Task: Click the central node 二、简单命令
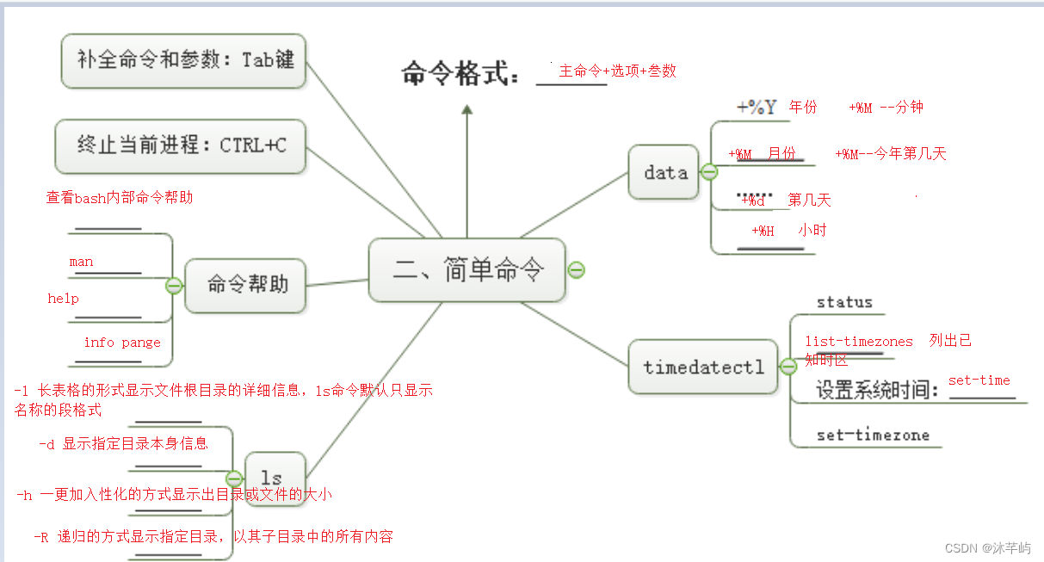pos(467,270)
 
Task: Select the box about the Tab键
pos(184,60)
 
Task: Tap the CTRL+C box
pos(181,145)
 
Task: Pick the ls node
pos(271,478)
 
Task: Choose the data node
pos(664,172)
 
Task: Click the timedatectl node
pos(702,367)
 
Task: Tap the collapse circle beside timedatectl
pos(788,367)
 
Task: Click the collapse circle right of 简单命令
pos(577,270)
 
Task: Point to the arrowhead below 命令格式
pos(466,110)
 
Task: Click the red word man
pos(82,262)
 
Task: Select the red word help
pos(63,299)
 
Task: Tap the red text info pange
pos(122,343)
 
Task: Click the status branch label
pos(844,302)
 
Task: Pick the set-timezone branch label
pos(873,435)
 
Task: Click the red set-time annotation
pos(979,380)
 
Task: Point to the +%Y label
pos(757,108)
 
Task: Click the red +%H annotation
pos(763,231)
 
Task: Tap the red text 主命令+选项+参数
pos(617,71)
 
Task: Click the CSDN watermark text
pos(988,548)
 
